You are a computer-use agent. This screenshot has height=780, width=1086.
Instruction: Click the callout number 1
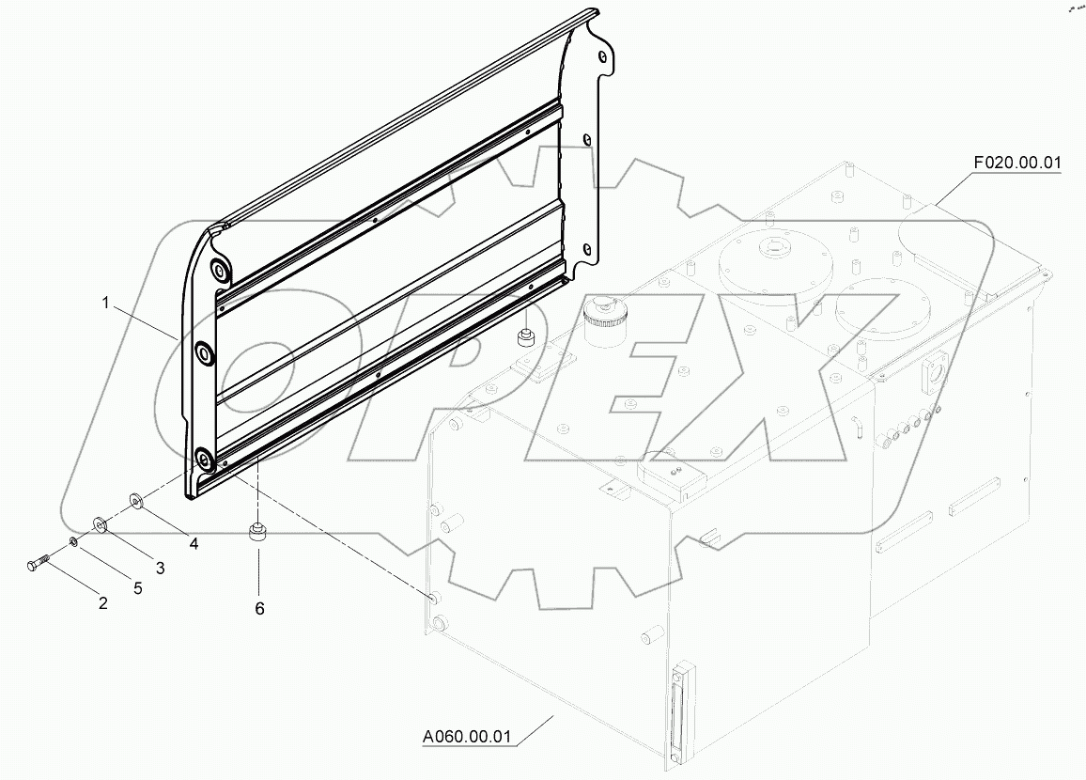[x=106, y=303]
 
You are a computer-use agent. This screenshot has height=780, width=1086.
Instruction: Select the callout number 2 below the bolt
[x=102, y=602]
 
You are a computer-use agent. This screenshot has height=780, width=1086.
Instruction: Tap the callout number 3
[x=160, y=568]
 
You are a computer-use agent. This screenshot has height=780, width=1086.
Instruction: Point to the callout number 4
[x=193, y=542]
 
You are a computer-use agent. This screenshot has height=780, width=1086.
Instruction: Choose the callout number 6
[x=259, y=608]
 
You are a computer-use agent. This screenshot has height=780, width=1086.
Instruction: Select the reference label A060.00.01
[x=465, y=736]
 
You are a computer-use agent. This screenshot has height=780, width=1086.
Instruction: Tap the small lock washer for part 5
[x=74, y=542]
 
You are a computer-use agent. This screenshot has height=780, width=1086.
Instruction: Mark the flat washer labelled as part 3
[x=100, y=523]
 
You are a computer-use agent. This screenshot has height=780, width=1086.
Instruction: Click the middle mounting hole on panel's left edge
[x=204, y=354]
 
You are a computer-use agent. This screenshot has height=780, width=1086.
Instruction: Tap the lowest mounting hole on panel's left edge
[x=203, y=459]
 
